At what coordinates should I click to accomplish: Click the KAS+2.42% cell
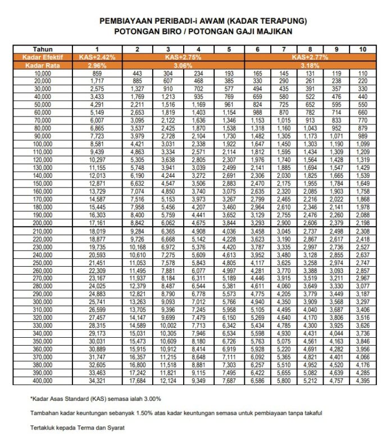tap(97, 57)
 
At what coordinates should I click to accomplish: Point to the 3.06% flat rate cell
tap(183, 65)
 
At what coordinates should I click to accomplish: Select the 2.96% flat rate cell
tap(97, 65)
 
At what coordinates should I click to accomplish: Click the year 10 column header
tap(363, 50)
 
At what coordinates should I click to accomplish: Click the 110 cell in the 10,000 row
tap(363, 74)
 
